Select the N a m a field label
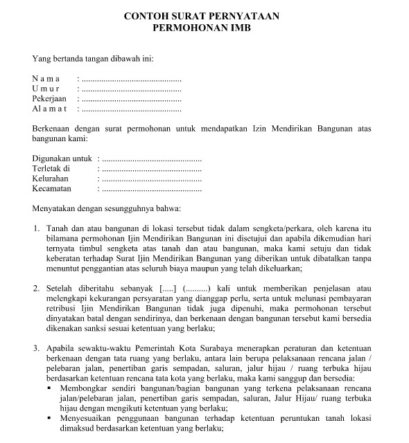coord(46,80)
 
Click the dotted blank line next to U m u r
coord(131,89)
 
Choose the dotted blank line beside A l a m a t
coord(131,109)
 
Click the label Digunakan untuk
coord(62,159)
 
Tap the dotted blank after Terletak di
coord(151,168)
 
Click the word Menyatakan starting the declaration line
coord(55,208)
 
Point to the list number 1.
coord(36,228)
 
